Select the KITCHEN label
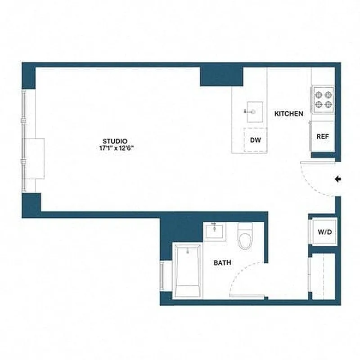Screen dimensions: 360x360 (x=289, y=114)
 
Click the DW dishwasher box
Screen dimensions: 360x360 (x=256, y=140)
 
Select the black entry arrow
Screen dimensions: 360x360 (x=338, y=179)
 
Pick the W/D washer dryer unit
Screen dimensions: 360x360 (x=324, y=232)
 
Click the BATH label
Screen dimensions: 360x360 (x=222, y=262)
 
